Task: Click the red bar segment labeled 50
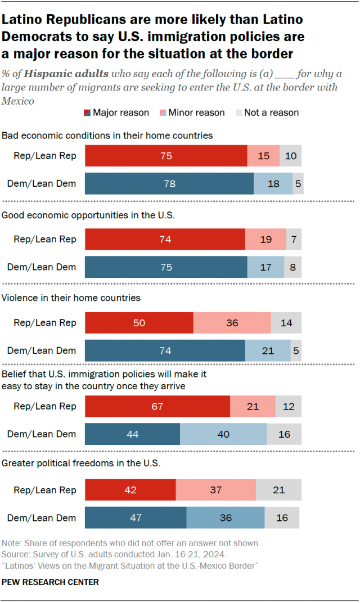point(139,323)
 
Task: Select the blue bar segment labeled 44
point(132,434)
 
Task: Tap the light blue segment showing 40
point(223,434)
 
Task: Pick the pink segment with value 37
point(216,489)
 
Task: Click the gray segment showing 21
point(278,489)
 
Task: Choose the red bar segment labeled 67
point(157,406)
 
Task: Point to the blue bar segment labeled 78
point(169,183)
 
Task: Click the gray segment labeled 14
point(286,323)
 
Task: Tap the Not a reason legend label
point(271,112)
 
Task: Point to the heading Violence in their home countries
point(71,298)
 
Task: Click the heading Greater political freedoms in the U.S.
point(81,463)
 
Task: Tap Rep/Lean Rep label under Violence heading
point(45,323)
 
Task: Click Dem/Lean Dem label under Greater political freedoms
point(42,517)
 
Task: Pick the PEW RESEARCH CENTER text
point(51,582)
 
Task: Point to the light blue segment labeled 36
point(225,517)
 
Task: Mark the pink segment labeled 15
point(263,156)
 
